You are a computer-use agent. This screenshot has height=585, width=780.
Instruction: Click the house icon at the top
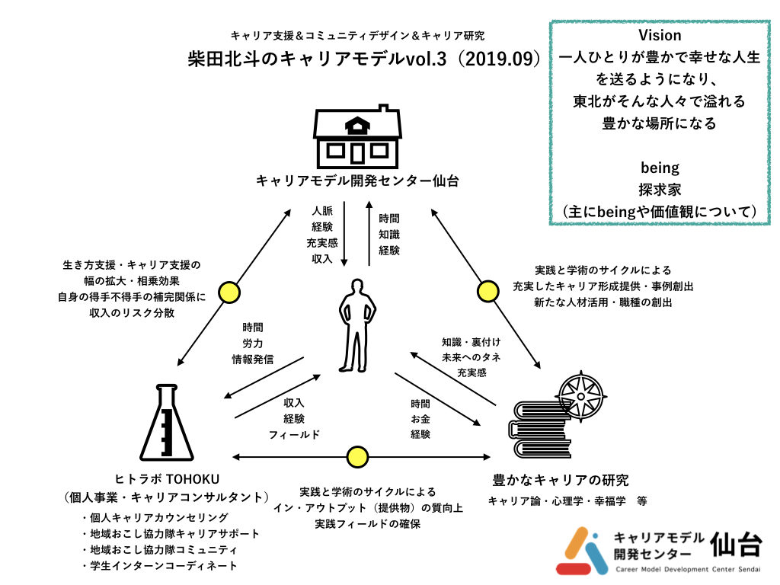(x=356, y=136)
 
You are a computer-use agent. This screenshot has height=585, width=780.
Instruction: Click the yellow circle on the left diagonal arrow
(x=228, y=291)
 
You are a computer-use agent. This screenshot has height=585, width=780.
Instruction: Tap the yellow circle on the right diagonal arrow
(x=487, y=291)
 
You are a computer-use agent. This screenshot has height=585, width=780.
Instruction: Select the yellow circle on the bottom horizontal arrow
(x=356, y=457)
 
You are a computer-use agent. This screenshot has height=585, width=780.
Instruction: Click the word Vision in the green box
(x=659, y=35)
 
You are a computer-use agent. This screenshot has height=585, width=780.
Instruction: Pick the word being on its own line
(x=659, y=167)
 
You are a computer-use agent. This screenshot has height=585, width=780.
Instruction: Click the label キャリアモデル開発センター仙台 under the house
(x=356, y=182)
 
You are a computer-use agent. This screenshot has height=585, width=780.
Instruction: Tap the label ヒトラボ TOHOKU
(x=166, y=479)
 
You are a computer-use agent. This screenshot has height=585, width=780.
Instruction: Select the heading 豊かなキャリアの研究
(x=560, y=480)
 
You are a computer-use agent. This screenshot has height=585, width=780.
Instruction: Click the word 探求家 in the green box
(x=659, y=189)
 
